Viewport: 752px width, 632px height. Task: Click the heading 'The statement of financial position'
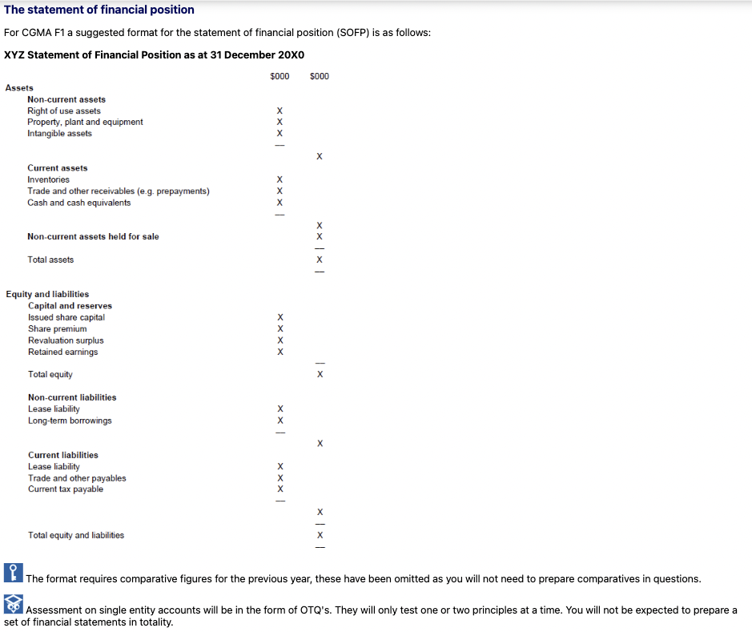(99, 10)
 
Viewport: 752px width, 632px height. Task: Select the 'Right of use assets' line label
(64, 111)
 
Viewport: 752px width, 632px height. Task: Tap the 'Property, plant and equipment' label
(85, 122)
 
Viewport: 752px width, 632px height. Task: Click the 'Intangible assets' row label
(59, 134)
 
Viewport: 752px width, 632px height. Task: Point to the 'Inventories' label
(48, 179)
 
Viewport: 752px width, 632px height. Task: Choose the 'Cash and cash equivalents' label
(78, 203)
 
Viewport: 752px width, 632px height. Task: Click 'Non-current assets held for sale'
(93, 236)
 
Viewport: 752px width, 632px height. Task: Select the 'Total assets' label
(50, 260)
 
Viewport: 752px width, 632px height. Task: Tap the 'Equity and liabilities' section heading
(47, 294)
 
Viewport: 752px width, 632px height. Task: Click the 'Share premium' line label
(57, 328)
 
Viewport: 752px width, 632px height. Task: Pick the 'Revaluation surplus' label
(66, 340)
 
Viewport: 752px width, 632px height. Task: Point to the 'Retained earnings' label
(62, 352)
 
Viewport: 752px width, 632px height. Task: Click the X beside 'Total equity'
(320, 374)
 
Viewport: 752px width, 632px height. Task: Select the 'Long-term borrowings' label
(70, 421)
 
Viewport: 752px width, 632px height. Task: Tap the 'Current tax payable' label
(66, 489)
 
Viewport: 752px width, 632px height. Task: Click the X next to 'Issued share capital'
(279, 317)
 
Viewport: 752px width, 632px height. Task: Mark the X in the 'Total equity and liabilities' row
(320, 535)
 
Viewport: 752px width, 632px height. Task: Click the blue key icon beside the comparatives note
(13, 572)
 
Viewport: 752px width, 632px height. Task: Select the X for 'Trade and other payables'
(279, 478)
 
